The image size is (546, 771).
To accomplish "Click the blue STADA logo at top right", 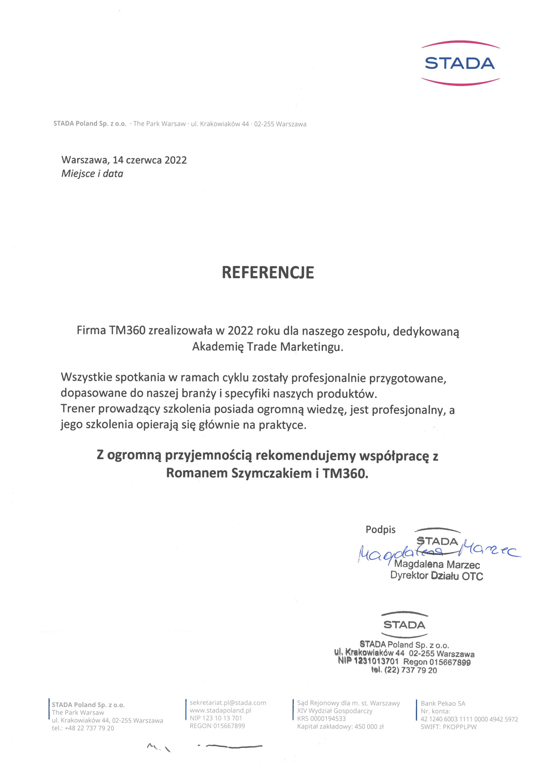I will tap(460, 63).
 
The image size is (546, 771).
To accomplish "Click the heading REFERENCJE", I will tap(268, 273).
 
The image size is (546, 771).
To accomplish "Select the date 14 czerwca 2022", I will tap(149, 160).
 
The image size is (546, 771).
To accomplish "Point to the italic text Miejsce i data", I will tap(92, 174).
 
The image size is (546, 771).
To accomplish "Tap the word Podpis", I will tap(380, 530).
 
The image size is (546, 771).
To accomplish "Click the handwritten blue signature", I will tap(437, 551).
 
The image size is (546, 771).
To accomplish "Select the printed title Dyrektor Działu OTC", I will tap(437, 576).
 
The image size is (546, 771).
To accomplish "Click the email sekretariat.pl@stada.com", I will tap(228, 703).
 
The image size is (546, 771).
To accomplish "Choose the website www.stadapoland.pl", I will tap(220, 710).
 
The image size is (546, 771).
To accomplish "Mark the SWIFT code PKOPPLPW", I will tap(460, 727).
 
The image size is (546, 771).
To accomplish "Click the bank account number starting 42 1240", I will tap(469, 719).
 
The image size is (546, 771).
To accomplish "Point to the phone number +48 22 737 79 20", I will tap(89, 728).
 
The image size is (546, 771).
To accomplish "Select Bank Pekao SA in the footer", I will tap(443, 703).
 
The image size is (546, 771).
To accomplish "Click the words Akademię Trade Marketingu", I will tap(268, 346).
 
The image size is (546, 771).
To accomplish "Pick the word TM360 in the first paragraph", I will tap(127, 330).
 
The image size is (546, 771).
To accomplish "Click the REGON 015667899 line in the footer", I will tap(217, 726).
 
